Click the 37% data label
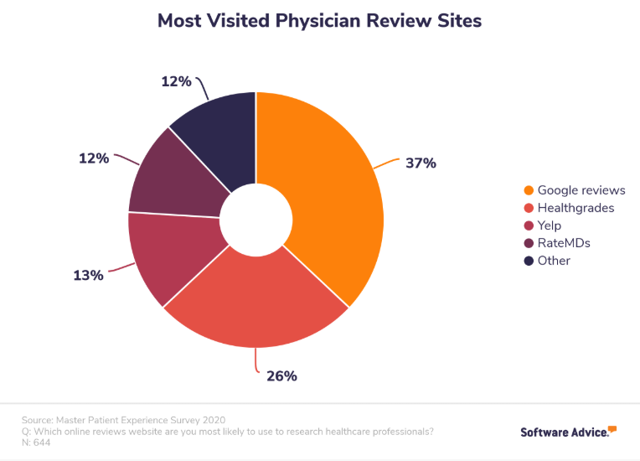(421, 163)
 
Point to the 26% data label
(281, 376)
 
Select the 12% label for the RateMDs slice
(94, 157)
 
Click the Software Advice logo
(568, 432)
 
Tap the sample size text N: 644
(37, 443)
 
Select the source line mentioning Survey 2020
(125, 419)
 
